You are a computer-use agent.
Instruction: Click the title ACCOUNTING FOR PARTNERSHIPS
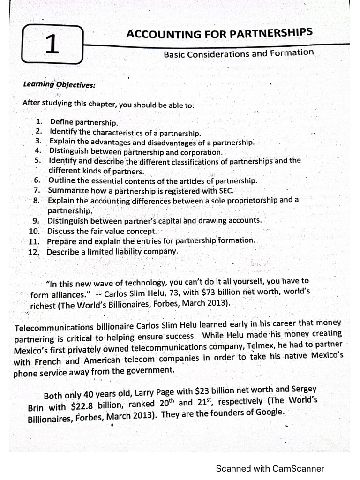point(219,33)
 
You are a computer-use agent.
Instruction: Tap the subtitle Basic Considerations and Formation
point(239,53)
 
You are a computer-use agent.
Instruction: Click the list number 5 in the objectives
point(38,160)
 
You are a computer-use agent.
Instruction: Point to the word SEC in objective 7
point(225,190)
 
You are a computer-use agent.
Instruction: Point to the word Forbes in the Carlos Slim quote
point(157,303)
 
